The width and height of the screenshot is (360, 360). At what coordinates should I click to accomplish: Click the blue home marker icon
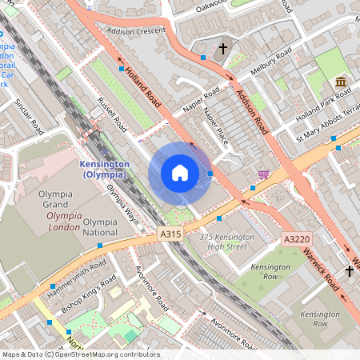180,173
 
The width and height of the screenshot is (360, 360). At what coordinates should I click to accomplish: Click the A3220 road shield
296,239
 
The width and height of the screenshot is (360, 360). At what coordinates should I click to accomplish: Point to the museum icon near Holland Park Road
341,83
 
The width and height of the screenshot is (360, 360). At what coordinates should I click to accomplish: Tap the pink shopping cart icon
263,174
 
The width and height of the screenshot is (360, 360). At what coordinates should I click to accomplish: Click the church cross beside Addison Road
223,50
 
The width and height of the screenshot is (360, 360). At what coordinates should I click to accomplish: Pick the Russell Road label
112,115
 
